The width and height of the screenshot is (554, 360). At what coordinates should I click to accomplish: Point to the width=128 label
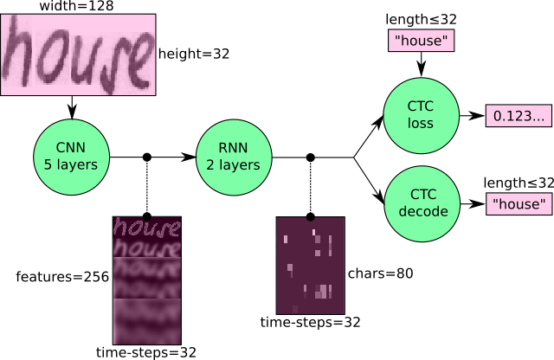pyautogui.click(x=76, y=6)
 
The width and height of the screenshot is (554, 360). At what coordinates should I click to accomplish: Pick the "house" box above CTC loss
pyautogui.click(x=420, y=40)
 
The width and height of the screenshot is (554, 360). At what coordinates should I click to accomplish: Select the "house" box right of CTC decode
pyautogui.click(x=519, y=204)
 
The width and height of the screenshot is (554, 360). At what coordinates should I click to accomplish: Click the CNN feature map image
pyautogui.click(x=146, y=280)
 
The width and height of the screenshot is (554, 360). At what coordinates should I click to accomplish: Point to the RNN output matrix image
pyautogui.click(x=310, y=265)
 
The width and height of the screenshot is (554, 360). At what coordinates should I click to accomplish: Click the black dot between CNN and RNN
pyautogui.click(x=146, y=157)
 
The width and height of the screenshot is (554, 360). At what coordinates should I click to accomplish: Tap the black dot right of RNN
pyautogui.click(x=310, y=157)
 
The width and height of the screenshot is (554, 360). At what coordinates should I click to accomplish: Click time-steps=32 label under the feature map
pyautogui.click(x=146, y=353)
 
